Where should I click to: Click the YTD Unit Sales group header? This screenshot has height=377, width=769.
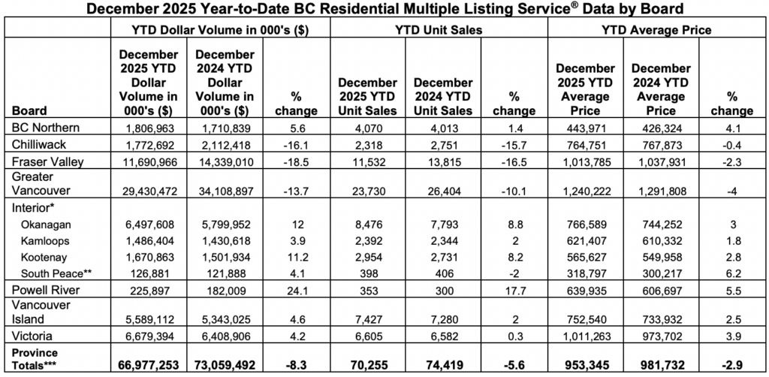[x=439, y=30]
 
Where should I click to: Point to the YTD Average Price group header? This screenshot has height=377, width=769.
[x=657, y=30]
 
